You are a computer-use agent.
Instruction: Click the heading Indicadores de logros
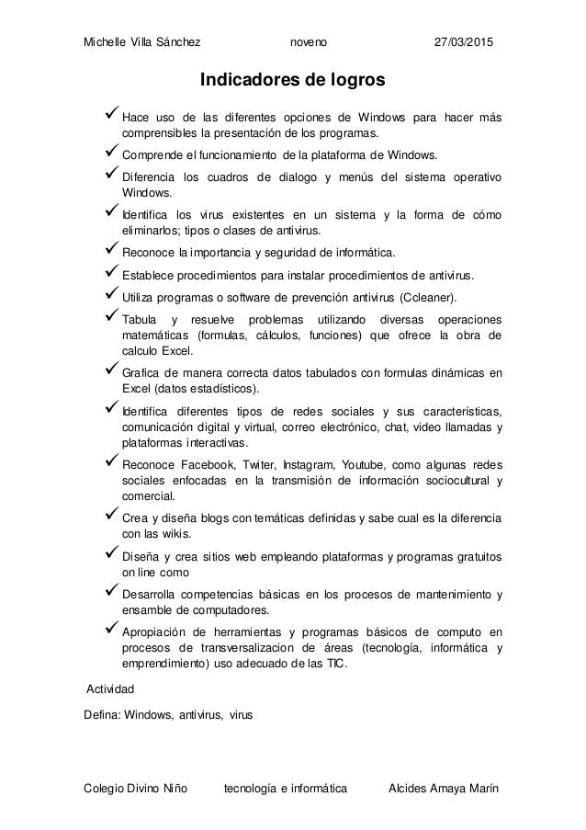[x=293, y=82]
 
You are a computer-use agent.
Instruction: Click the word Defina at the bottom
[x=101, y=714]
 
